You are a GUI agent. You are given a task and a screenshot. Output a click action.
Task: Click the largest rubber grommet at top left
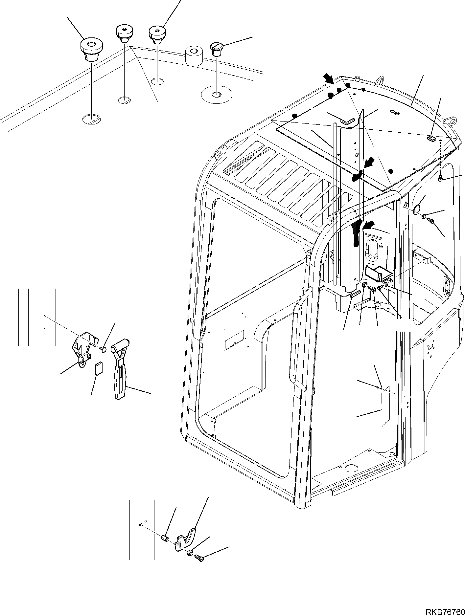click(x=91, y=49)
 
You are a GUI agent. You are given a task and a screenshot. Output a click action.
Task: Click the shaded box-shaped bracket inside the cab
click(x=379, y=274)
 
